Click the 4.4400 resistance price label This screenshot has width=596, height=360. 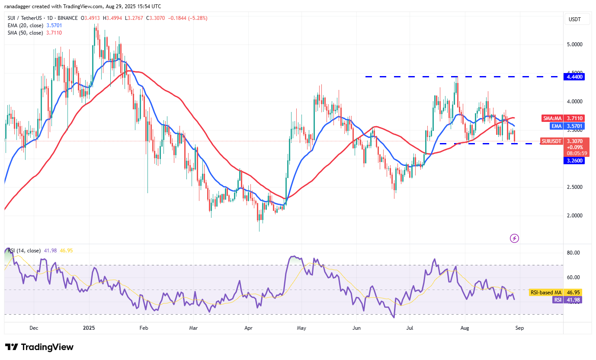tap(574, 77)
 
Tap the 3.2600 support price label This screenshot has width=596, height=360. tap(574, 161)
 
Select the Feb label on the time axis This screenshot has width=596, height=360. tap(144, 328)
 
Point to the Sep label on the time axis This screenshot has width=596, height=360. tap(519, 328)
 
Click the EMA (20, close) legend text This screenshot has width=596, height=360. tap(25, 25)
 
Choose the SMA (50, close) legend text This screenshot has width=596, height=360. tap(25, 33)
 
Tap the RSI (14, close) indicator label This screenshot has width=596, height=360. tap(25, 251)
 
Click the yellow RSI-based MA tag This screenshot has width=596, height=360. tap(546, 293)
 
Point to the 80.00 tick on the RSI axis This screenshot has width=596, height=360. tap(573, 253)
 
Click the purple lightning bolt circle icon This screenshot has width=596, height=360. tap(514, 238)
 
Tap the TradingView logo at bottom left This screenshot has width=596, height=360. tap(39, 347)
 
